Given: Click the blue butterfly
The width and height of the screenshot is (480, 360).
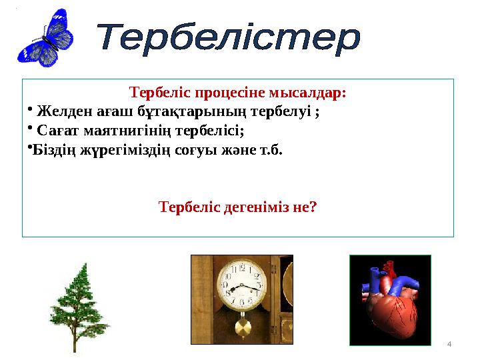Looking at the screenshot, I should (45, 38).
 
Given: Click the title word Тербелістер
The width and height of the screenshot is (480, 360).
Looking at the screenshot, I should (229, 39).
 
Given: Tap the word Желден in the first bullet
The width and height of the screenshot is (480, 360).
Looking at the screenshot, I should (59, 111).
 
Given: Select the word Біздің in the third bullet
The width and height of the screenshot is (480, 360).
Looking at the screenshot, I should (53, 149).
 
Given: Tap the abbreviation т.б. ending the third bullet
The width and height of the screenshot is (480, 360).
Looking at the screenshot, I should (271, 149).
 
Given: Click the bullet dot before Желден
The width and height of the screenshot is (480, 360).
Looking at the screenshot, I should (31, 109).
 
